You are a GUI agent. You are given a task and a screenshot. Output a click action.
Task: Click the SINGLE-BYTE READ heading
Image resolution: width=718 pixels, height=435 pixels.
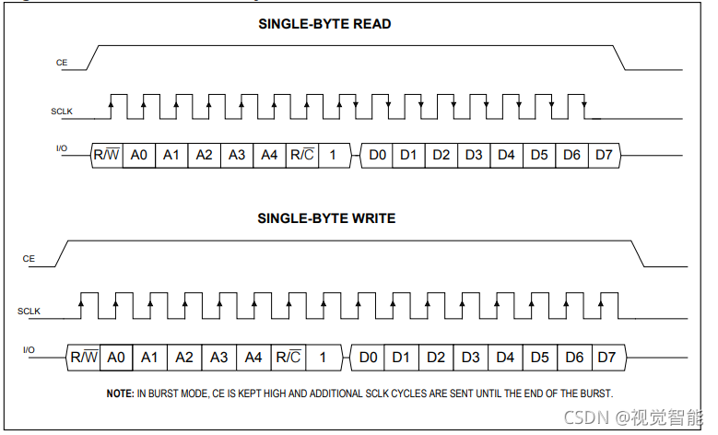(324, 24)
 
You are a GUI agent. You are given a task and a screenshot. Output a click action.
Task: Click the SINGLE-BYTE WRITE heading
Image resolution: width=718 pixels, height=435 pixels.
(326, 218)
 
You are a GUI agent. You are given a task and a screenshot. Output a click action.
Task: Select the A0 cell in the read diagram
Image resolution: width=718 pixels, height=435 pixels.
(139, 155)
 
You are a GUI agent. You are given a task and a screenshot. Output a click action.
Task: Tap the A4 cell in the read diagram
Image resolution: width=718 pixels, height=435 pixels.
(269, 155)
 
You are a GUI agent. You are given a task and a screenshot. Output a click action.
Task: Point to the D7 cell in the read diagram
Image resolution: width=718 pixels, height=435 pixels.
(603, 155)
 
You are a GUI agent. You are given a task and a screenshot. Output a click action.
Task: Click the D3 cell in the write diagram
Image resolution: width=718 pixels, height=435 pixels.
(470, 357)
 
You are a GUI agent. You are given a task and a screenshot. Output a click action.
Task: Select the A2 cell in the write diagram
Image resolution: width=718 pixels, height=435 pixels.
(184, 357)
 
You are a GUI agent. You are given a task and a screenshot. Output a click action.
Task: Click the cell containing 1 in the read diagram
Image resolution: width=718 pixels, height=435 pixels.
(334, 155)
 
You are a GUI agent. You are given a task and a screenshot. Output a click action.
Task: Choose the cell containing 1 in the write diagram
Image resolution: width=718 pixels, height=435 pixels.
(323, 357)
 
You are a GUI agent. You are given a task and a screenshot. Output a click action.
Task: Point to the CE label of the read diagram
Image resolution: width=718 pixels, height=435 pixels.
(62, 64)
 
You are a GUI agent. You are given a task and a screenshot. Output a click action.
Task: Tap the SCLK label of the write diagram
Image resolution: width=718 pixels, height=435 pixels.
(30, 312)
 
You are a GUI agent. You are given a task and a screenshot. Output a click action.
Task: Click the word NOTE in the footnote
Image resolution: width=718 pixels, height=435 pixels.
(120, 394)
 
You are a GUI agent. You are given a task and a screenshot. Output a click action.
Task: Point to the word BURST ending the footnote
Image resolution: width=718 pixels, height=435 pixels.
(593, 394)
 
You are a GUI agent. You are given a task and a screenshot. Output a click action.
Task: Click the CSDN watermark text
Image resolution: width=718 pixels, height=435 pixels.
(586, 418)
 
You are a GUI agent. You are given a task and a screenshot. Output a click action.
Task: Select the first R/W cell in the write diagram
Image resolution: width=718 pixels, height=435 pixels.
(84, 357)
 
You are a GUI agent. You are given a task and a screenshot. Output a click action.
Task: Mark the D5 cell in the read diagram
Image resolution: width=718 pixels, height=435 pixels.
(539, 155)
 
